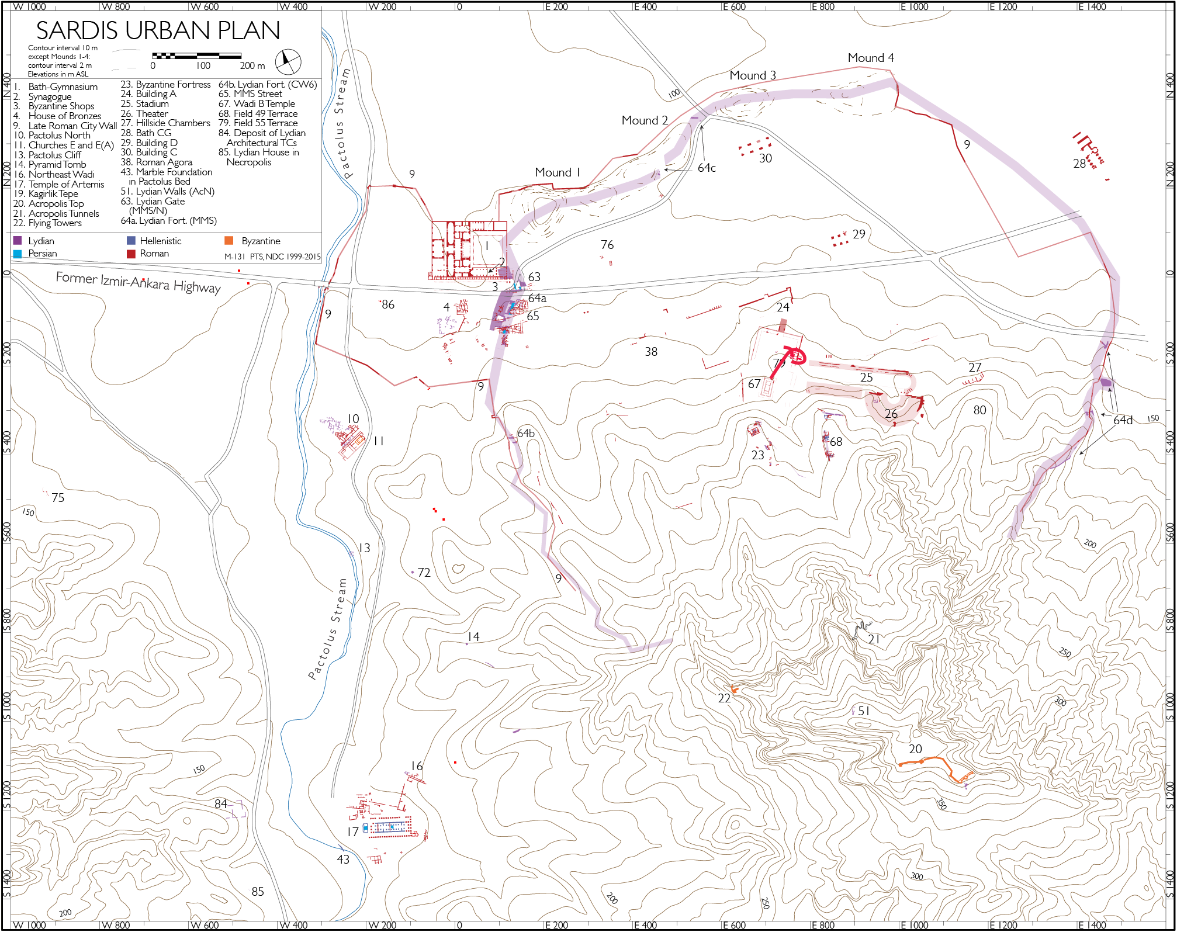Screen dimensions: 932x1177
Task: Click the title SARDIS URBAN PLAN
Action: tap(158, 30)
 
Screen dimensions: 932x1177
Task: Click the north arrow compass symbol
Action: tap(288, 61)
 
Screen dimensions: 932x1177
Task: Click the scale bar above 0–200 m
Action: tap(196, 56)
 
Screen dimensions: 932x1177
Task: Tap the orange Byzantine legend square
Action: tap(229, 241)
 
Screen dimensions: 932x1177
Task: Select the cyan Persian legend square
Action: tap(18, 254)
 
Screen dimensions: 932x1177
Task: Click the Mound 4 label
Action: tap(870, 58)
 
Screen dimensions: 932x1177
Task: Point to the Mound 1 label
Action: tap(557, 172)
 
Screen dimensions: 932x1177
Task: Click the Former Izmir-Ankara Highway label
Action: tap(138, 282)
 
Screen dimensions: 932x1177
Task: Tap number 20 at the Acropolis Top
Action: tap(915, 749)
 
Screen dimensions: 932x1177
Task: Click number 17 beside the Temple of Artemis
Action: tap(352, 831)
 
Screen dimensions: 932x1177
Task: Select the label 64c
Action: tap(706, 168)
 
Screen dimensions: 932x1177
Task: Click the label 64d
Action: tap(1122, 420)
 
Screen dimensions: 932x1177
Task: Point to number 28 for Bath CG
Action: tap(1079, 164)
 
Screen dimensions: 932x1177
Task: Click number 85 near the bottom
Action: tap(258, 892)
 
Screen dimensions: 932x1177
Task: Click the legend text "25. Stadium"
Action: tap(144, 103)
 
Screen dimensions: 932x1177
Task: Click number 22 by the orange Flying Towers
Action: tap(724, 698)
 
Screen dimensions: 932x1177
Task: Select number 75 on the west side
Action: tap(58, 498)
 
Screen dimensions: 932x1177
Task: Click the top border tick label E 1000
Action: tap(914, 7)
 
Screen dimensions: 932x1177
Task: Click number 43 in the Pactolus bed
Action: tap(343, 860)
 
